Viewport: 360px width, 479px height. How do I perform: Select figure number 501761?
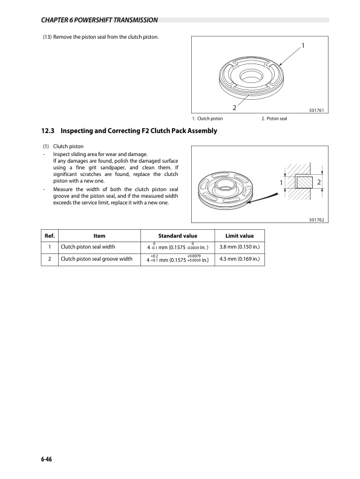[x=316, y=111]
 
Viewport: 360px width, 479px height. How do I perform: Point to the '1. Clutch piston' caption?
[x=208, y=118]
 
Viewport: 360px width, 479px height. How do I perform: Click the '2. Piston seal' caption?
[x=274, y=118]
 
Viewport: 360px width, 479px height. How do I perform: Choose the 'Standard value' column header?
[x=178, y=235]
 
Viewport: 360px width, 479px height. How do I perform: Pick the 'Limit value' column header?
[x=240, y=235]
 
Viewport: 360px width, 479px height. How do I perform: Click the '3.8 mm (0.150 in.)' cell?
[x=240, y=247]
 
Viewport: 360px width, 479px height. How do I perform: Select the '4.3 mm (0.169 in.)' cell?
[x=240, y=259]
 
